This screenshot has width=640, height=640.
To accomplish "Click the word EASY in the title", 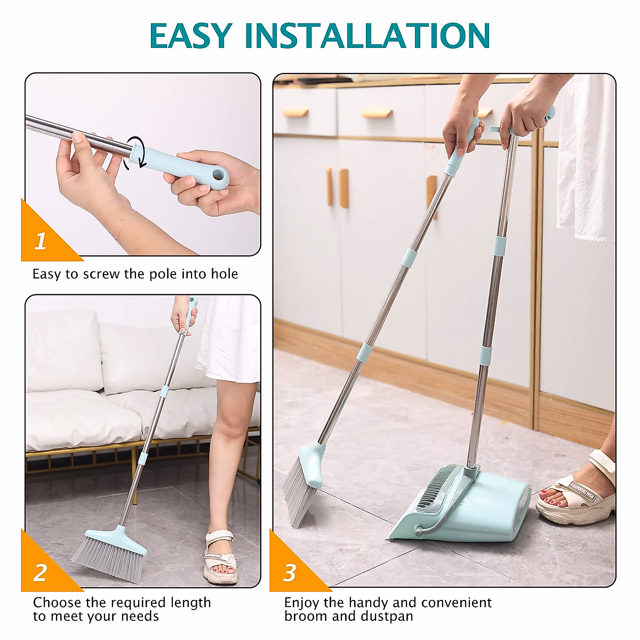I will [190, 36].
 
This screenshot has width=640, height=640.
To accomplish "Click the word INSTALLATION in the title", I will [367, 36].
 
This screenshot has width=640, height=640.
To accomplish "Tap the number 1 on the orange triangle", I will [41, 241].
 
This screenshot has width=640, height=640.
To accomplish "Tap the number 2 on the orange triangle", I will [41, 573].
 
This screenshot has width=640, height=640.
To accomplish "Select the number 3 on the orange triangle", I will [290, 573].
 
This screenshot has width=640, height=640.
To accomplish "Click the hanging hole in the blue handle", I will [218, 175].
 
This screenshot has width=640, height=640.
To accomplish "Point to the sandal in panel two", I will [220, 557].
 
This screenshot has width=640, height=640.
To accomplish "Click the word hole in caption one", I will [224, 274].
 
